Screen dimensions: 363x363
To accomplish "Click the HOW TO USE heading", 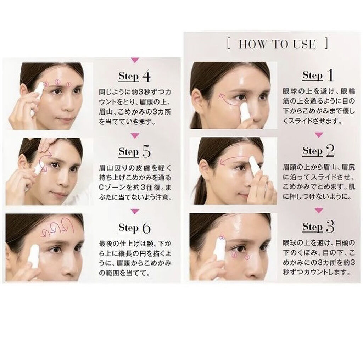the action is pyautogui.click(x=277, y=44).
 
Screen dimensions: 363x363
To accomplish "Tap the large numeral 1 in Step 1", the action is pyautogui.click(x=330, y=75).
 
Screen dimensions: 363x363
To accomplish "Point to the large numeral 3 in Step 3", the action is pyautogui.click(x=330, y=227).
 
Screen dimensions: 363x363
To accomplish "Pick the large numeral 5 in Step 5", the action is pyautogui.click(x=146, y=152).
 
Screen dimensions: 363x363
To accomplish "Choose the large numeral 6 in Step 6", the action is pyautogui.click(x=146, y=228).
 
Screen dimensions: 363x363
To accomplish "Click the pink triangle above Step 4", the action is pyautogui.click(x=135, y=60).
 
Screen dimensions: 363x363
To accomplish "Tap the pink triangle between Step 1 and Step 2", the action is pyautogui.click(x=319, y=135).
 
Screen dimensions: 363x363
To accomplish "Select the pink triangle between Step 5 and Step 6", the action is pyautogui.click(x=135, y=211).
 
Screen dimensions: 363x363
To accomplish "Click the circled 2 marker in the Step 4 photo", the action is pyautogui.click(x=57, y=82).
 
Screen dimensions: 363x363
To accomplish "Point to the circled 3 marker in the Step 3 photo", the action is pyautogui.click(x=222, y=238).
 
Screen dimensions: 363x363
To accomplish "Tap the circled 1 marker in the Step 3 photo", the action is pyautogui.click(x=247, y=257).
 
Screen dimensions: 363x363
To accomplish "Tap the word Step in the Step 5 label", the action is pyautogui.click(x=128, y=152).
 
